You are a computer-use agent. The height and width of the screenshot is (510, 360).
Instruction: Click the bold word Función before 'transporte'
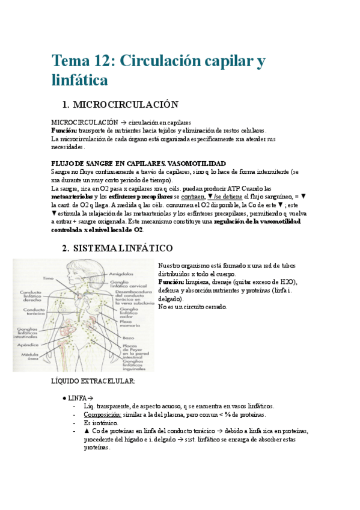64,131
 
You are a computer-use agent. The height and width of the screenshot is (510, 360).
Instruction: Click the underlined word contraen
193,196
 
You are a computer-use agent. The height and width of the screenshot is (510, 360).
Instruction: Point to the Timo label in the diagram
48,278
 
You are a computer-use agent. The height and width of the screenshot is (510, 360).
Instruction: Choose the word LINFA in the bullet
77,398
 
